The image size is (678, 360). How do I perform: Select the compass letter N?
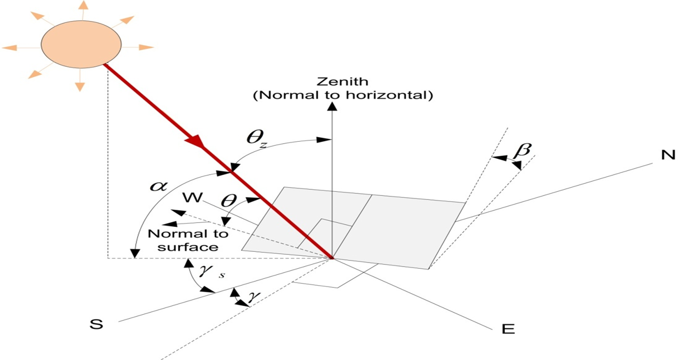[667, 155]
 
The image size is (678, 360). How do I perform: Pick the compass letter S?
[96, 324]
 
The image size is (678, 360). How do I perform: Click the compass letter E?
[508, 329]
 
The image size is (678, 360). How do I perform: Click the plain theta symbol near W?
[229, 201]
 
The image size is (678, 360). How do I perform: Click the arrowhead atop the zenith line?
[332, 106]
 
